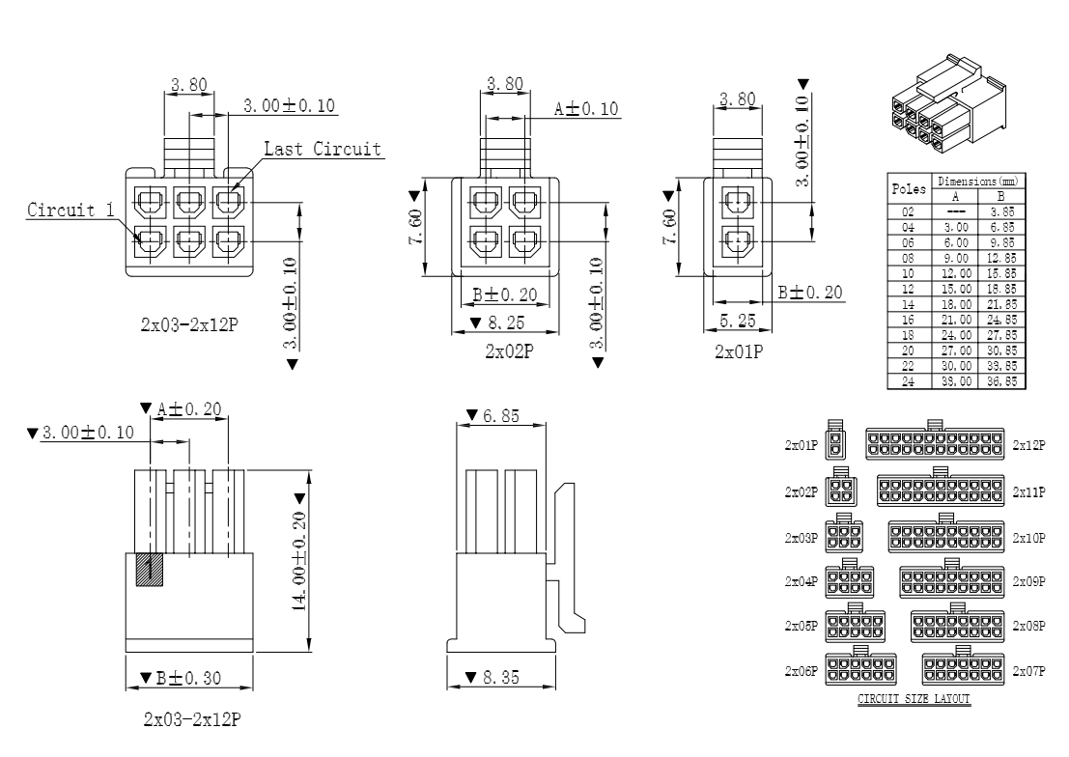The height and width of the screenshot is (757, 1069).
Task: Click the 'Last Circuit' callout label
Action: tap(323, 149)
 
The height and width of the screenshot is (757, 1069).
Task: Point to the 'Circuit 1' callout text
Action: tap(65, 210)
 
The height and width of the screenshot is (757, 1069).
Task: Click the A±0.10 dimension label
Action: tap(585, 109)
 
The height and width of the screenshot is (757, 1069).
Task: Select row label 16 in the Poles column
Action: tap(908, 319)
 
